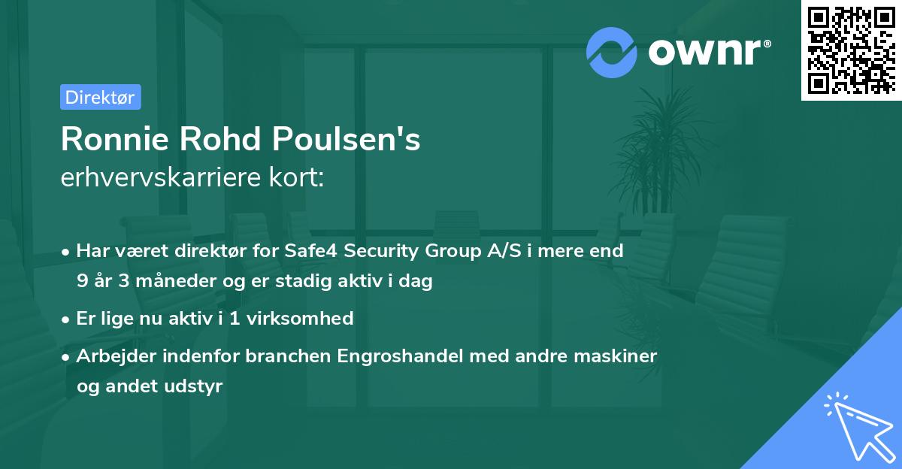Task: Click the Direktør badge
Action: [100, 97]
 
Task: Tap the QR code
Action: [851, 50]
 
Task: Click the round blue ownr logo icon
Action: [612, 53]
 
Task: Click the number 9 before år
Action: [81, 282]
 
